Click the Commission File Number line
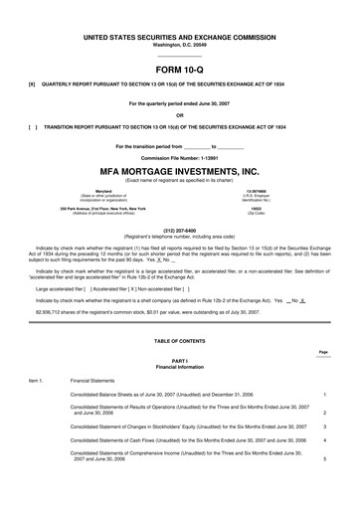click(180, 158)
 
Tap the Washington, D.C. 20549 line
click(180, 45)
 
